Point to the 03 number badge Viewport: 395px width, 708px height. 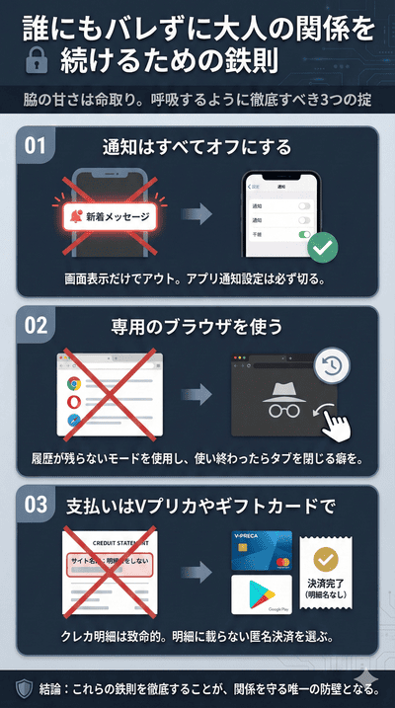[x=36, y=506]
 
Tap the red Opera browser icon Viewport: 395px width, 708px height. [x=74, y=404]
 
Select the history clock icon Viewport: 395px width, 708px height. [x=332, y=365]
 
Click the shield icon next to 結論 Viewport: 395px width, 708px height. [x=24, y=686]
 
